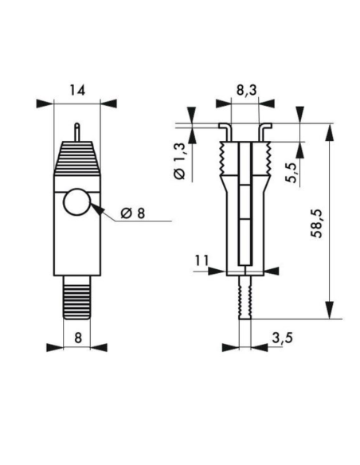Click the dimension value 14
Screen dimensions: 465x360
point(76,90)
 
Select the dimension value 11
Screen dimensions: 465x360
point(202,259)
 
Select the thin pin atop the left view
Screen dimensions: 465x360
point(76,131)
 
